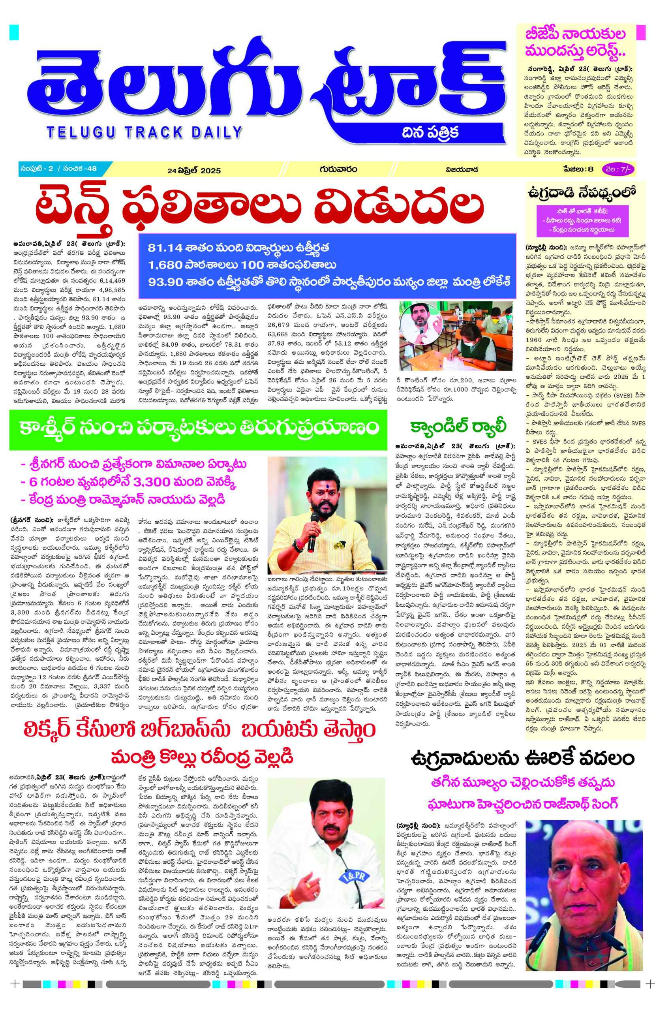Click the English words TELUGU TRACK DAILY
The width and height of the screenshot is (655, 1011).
(x=145, y=132)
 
